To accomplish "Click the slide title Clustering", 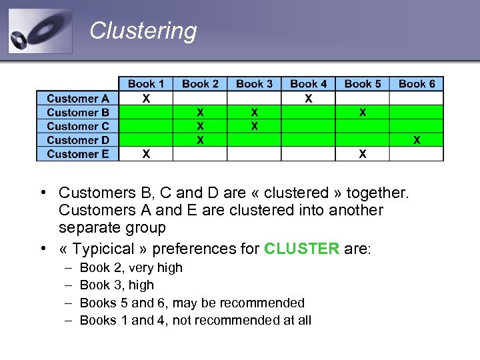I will tap(143, 31).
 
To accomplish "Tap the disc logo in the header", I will tap(40, 31).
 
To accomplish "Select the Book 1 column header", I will tap(145, 83).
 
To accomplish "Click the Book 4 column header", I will tap(308, 83).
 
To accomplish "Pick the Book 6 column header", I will tap(417, 83).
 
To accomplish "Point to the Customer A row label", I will tap(78, 99).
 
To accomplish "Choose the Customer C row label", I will tap(78, 126).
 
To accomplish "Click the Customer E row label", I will tap(78, 154).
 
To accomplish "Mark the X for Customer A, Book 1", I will tap(146, 99).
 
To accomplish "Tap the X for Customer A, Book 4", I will tap(308, 99).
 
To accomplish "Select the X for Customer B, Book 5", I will tap(362, 113).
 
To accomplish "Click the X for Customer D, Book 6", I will tap(417, 140).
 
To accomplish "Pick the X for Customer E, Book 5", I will tap(362, 154).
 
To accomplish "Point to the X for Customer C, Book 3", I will tap(254, 126).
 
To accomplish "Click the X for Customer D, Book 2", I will tap(200, 140).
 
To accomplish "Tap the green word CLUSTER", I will tap(302, 249).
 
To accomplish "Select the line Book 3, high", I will tap(117, 285).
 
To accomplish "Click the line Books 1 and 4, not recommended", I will tap(195, 320).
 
